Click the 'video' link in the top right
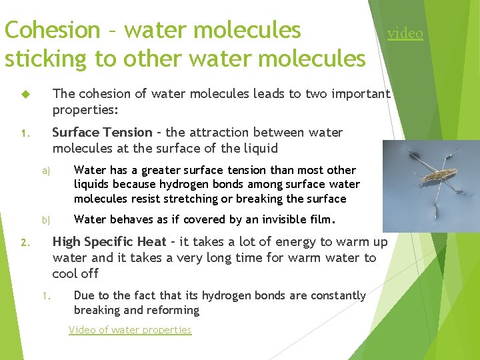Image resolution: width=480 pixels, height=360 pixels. point(405,33)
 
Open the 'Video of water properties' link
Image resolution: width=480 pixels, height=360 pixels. point(130,330)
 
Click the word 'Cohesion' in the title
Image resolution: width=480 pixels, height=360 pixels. point(51,30)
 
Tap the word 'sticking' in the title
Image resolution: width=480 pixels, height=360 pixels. point(46,59)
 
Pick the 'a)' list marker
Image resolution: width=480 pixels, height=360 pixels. point(46,171)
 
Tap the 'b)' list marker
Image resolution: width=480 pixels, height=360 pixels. point(46,220)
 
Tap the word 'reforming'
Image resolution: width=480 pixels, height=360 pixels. point(175,310)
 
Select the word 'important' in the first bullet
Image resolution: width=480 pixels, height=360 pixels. point(357,94)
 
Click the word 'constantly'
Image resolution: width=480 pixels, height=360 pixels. point(334,295)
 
